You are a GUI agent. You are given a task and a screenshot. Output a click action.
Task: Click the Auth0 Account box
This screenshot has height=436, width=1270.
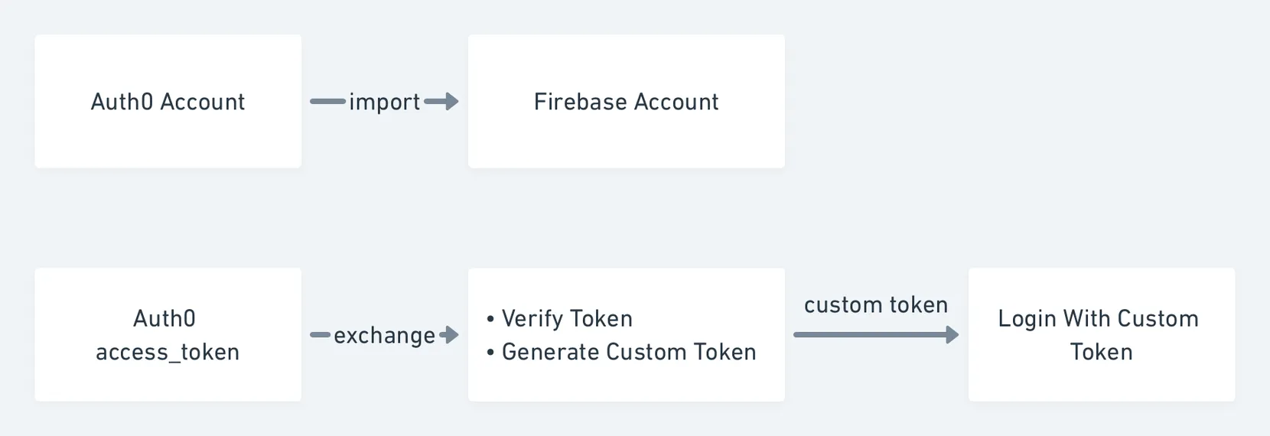168,101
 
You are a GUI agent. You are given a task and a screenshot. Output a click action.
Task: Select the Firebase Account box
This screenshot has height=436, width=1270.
627,101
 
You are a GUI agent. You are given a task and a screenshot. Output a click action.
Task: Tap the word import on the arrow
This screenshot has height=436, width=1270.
384,102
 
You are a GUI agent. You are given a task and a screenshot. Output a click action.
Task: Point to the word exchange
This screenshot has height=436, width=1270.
384,336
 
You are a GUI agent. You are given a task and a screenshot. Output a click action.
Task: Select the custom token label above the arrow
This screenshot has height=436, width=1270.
876,305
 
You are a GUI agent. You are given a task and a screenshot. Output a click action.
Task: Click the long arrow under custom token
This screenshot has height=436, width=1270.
876,334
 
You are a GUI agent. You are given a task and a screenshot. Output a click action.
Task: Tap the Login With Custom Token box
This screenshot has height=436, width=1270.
1102,334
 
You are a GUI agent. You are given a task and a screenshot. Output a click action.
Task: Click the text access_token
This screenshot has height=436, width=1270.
168,352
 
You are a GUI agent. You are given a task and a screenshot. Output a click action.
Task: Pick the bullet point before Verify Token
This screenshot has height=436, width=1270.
490,319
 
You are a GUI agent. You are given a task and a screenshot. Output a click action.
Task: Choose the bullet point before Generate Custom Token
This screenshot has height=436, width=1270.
490,353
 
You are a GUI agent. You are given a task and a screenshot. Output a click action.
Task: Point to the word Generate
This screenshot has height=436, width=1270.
551,352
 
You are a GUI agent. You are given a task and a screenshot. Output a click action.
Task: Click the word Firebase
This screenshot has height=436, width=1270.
581,102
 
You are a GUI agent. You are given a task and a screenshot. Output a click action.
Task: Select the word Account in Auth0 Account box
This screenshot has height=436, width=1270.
203,102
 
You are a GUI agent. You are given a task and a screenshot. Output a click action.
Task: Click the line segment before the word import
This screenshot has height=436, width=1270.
327,102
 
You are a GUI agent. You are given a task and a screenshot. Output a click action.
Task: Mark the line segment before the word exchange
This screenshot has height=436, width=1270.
321,334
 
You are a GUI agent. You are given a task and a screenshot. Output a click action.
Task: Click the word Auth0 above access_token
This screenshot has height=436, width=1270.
164,319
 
